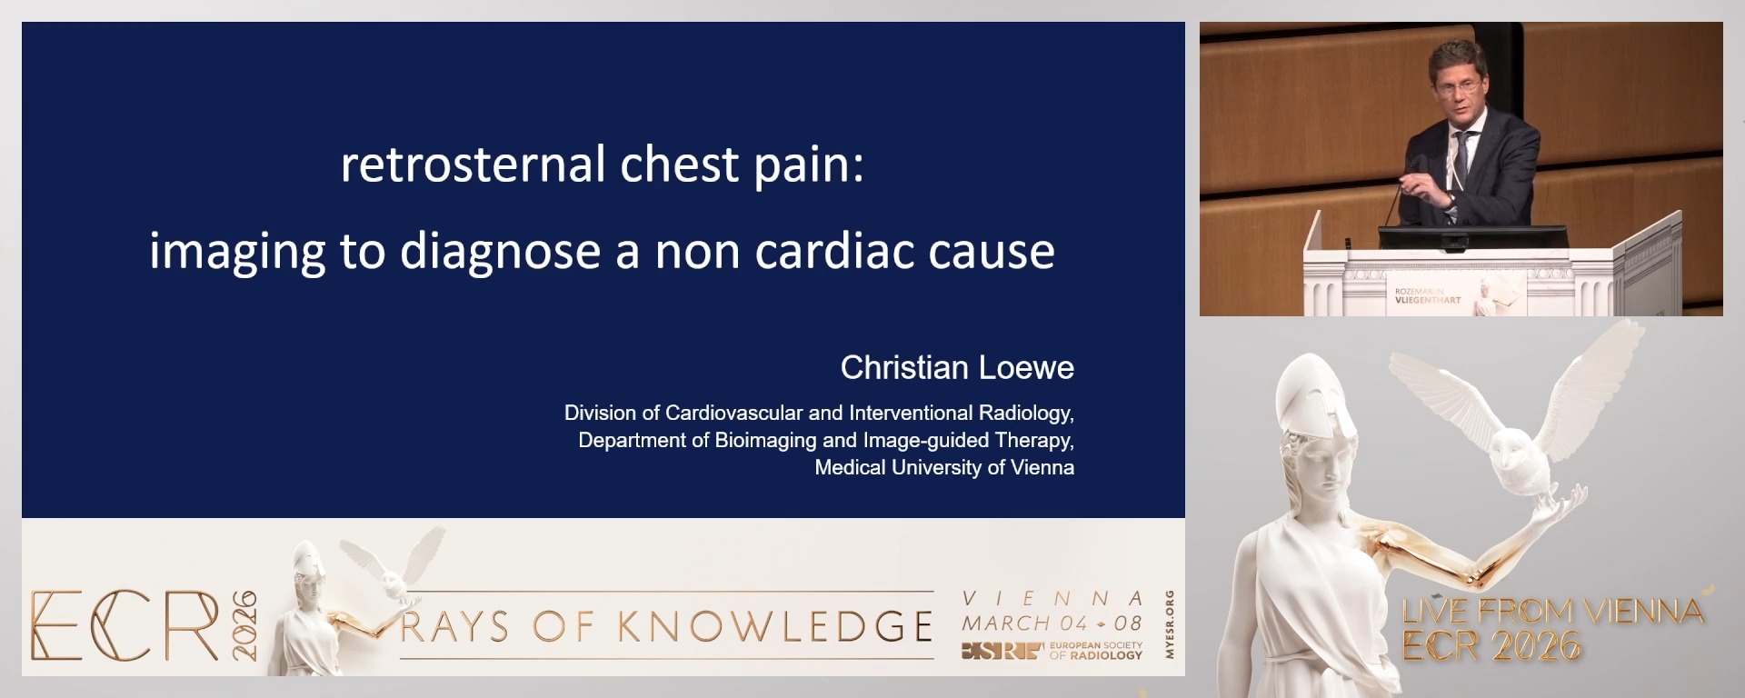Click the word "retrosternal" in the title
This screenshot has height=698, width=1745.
[473, 165]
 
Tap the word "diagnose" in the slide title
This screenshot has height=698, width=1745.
[500, 252]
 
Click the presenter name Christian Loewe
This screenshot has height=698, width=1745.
[956, 367]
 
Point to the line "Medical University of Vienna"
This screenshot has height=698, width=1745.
[943, 467]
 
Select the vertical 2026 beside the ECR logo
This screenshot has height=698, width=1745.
[244, 625]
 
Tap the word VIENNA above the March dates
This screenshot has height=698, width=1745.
[1052, 599]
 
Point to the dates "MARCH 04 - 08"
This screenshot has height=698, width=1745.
[1052, 623]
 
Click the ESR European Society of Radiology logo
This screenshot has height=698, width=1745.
[1052, 650]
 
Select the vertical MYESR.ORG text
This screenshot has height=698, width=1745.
[1170, 624]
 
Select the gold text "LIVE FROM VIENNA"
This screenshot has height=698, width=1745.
[1552, 612]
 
